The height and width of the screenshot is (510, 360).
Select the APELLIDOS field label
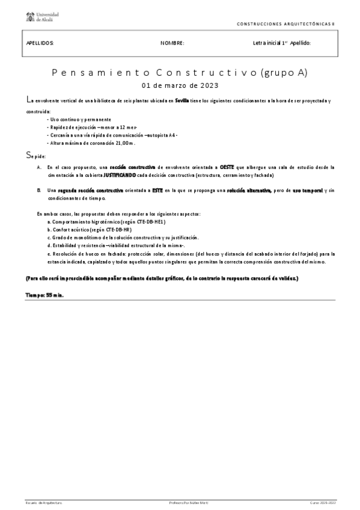pos(40,43)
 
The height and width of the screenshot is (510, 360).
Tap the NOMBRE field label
pos(172,43)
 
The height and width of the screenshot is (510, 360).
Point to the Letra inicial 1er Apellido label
pos(282,43)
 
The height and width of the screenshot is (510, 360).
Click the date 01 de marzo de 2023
pos(180,85)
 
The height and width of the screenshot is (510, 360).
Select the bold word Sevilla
pos(182,100)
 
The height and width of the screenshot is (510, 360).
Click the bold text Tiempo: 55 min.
pos(45,295)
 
